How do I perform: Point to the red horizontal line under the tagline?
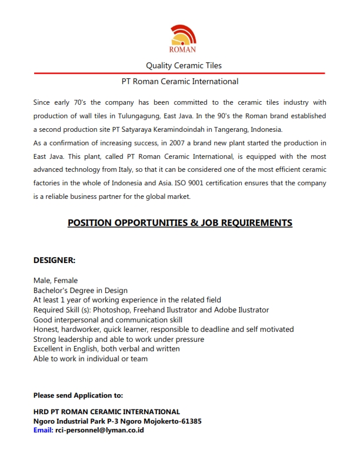tap(179, 73)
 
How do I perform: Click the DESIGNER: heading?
tap(54, 259)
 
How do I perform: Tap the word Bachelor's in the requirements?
tap(52, 290)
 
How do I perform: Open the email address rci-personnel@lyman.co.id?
tap(100, 430)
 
